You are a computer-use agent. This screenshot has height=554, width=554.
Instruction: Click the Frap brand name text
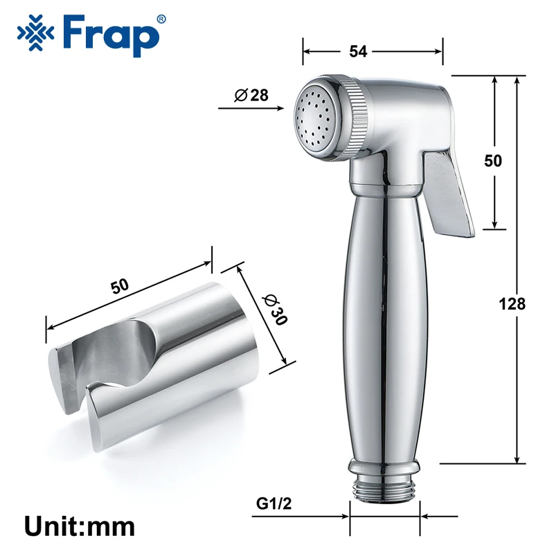point(111,36)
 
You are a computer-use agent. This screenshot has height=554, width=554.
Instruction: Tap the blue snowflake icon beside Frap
point(36,33)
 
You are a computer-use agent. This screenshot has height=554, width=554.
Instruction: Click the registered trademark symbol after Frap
point(161,20)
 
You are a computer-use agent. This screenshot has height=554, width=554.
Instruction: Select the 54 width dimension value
point(358,51)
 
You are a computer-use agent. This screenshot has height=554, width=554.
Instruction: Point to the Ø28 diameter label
point(251,95)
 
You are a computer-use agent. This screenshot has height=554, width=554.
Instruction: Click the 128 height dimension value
point(512,304)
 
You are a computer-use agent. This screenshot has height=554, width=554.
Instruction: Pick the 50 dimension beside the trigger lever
point(493,161)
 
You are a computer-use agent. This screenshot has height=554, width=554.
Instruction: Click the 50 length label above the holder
point(120,286)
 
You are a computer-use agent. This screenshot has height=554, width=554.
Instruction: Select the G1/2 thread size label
point(274,503)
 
